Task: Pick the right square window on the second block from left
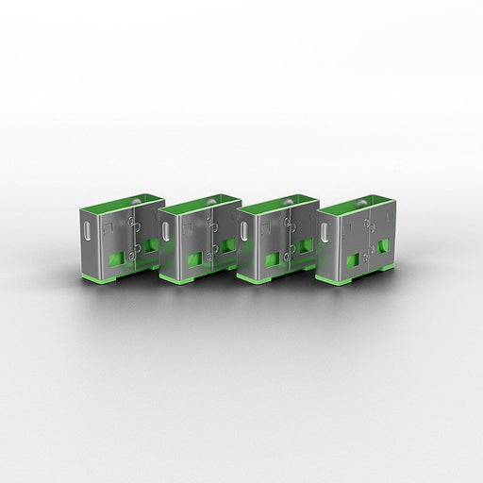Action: pyautogui.click(x=226, y=246)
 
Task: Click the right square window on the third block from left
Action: pyautogui.click(x=304, y=246)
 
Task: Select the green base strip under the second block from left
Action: pyautogui.click(x=184, y=280)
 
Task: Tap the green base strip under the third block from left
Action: pyautogui.click(x=261, y=280)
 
